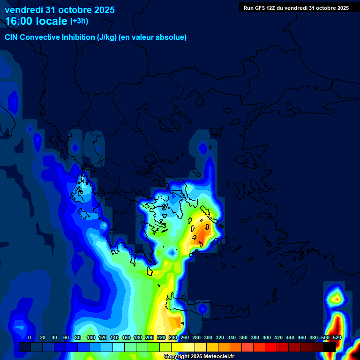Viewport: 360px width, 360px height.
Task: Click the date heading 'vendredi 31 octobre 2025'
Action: pyautogui.click(x=60, y=10)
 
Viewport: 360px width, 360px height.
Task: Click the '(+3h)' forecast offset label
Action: pyautogui.click(x=79, y=21)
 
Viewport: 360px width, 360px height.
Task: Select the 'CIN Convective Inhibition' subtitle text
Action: pyautogui.click(x=61, y=37)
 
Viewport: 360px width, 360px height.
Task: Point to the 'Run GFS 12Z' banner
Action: pyautogui.click(x=296, y=8)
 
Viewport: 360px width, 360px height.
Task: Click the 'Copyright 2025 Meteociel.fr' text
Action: pyautogui.click(x=199, y=357)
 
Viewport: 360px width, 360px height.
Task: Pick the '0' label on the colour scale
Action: pyautogui.click(x=30, y=337)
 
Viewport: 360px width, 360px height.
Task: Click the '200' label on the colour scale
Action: pyautogui.click(x=150, y=337)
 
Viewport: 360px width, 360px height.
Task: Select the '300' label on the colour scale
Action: pyautogui.click(x=208, y=337)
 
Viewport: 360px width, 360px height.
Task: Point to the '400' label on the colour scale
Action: pyautogui.click(x=267, y=337)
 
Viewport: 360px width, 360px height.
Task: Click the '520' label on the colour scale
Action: pyautogui.click(x=337, y=337)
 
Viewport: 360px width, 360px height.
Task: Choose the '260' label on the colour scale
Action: pyautogui.click(x=185, y=337)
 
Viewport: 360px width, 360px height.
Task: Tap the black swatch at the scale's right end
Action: pyautogui.click(x=329, y=347)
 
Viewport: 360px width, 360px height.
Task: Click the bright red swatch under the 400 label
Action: pyautogui.click(x=270, y=347)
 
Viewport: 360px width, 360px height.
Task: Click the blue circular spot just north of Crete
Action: pyautogui.click(x=202, y=309)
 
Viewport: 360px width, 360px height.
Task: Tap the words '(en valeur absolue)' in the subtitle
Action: pyautogui.click(x=153, y=37)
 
